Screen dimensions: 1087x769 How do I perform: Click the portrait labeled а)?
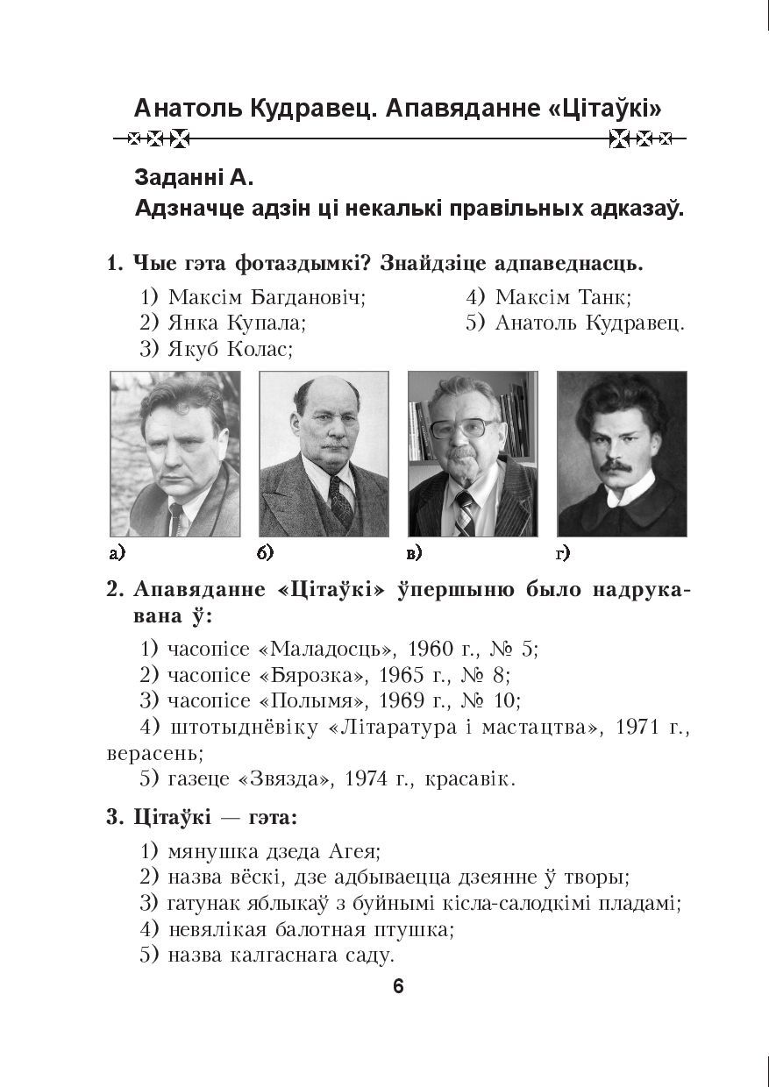tap(174, 453)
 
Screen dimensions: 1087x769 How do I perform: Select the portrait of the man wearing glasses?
tap(473, 453)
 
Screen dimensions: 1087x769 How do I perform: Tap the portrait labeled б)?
tap(324, 453)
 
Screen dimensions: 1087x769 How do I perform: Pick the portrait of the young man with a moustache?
tap(622, 453)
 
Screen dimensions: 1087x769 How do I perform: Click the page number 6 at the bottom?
tap(398, 986)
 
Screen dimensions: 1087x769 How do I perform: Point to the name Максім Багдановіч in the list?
tap(266, 297)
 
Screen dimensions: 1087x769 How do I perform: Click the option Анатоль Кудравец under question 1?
tap(588, 323)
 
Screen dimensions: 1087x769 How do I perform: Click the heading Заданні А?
tap(194, 178)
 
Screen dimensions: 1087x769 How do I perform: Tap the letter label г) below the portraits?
tap(563, 553)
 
